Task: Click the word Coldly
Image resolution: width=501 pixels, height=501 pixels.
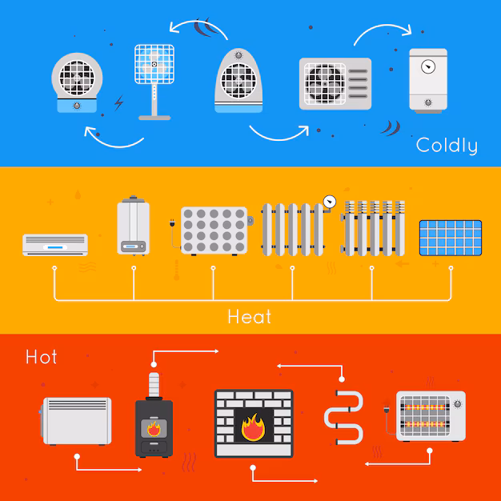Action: (x=447, y=145)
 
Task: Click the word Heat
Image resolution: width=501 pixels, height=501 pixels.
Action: (x=250, y=316)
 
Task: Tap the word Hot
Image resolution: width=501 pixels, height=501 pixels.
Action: (x=42, y=356)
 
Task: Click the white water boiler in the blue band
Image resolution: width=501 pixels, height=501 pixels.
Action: (x=427, y=79)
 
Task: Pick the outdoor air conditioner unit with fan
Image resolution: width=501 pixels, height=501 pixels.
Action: (x=335, y=83)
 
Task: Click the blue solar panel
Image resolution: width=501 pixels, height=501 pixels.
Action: (x=451, y=238)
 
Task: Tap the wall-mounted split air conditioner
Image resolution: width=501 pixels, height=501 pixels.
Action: (x=54, y=243)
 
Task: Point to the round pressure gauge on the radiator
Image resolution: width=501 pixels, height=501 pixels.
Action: (x=329, y=200)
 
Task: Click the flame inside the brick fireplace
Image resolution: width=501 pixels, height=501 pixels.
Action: (x=253, y=427)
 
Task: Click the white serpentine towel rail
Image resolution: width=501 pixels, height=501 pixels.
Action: (x=343, y=418)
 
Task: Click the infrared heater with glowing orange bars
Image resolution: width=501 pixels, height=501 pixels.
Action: (x=430, y=415)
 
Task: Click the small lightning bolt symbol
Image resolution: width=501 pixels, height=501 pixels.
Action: (x=119, y=102)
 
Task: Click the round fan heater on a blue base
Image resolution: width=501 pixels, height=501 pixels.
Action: (x=77, y=82)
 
